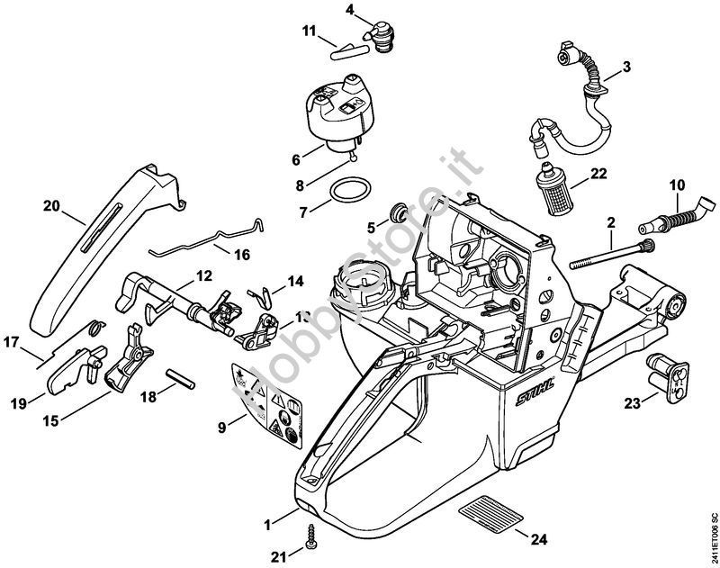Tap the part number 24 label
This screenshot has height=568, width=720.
click(538, 540)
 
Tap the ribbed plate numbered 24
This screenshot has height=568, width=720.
click(492, 519)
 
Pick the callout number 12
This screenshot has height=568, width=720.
click(203, 275)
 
